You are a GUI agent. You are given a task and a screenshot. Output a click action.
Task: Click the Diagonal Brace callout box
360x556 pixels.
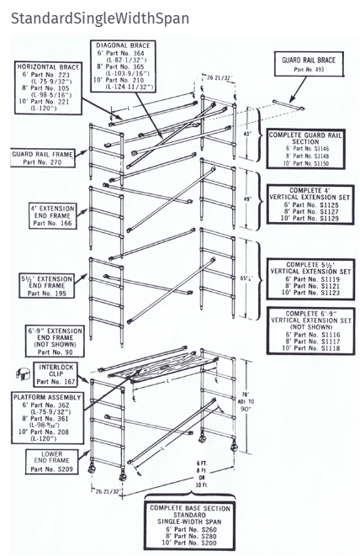135,66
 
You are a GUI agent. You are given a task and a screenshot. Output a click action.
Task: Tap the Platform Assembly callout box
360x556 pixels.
47,414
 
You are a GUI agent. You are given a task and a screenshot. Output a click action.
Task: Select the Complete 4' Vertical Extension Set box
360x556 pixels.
306,205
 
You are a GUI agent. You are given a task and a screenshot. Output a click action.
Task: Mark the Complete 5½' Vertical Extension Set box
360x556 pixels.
306,276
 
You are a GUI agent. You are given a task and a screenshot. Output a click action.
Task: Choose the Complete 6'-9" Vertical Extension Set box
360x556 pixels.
306,330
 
